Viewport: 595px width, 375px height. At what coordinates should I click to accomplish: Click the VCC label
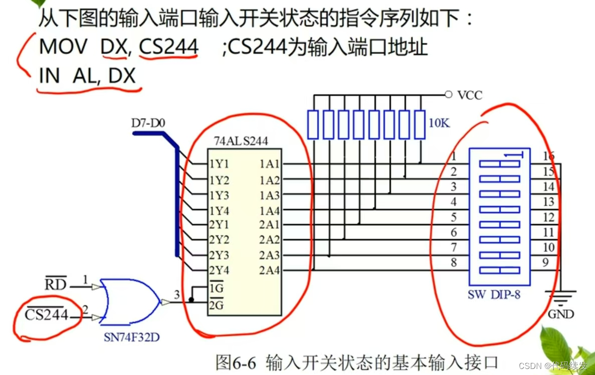[470, 95]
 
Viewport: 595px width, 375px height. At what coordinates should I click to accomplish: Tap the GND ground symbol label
[561, 315]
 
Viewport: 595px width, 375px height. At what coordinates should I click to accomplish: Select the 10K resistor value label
[439, 122]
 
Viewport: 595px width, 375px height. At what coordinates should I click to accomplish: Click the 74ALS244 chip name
[241, 142]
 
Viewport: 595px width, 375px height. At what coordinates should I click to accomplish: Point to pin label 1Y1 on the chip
[220, 164]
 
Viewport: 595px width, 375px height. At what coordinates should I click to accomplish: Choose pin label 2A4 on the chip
[270, 271]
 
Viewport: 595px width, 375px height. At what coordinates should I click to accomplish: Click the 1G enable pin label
[216, 290]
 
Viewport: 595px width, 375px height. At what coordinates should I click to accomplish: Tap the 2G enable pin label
[216, 304]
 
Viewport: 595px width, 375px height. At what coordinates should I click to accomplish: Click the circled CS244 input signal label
[47, 315]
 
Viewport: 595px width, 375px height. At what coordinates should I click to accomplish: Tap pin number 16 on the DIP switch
[549, 157]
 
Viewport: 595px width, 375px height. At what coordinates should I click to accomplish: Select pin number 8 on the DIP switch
[454, 262]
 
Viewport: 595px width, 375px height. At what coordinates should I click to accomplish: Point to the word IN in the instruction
[49, 76]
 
